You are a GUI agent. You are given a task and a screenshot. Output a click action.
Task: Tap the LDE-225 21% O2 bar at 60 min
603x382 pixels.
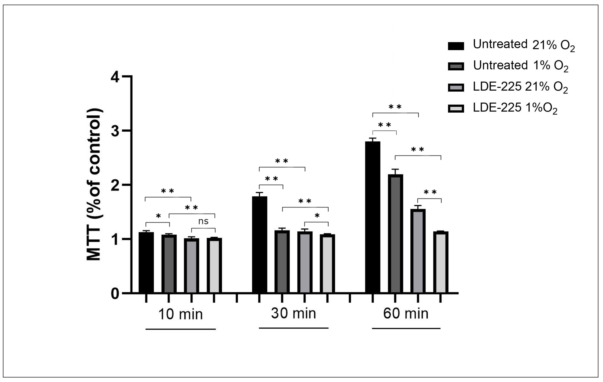point(418,251)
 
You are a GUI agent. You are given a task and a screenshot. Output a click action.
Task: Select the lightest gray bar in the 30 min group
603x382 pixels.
point(327,263)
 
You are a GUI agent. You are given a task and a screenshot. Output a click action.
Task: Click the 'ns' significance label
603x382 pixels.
point(203,221)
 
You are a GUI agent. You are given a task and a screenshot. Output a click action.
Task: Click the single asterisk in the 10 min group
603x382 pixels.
point(158,216)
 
